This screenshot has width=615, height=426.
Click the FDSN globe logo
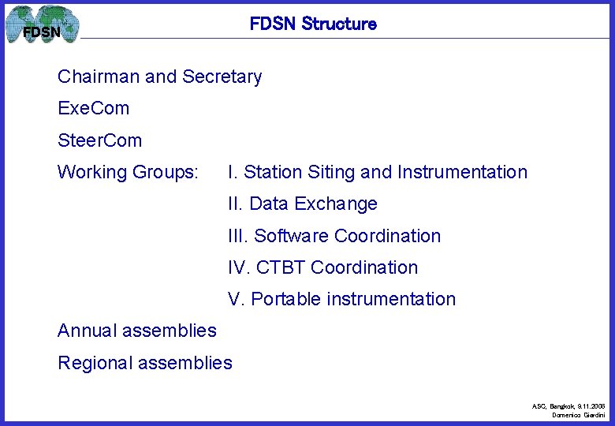43,25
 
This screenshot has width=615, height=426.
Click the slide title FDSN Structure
313,24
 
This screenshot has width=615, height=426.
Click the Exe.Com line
93,108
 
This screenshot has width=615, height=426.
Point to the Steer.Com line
100,140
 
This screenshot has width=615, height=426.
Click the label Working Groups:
128,172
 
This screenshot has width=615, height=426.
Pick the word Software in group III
292,236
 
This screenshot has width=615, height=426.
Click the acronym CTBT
281,267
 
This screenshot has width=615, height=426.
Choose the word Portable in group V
285,299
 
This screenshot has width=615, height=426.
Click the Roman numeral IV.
237,267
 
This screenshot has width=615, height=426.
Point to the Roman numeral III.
237,236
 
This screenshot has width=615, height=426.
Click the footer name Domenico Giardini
578,414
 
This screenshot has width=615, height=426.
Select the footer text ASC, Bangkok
556,405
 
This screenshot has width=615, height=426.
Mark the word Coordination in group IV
364,267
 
